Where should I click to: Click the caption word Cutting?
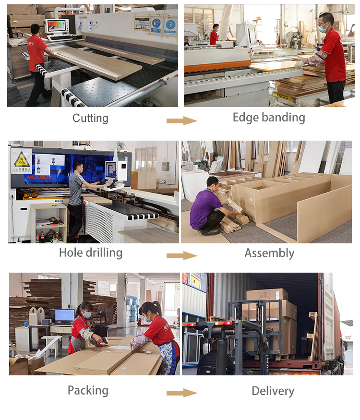[x=90, y=118]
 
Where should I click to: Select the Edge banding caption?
[x=269, y=118]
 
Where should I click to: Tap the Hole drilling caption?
[x=91, y=252]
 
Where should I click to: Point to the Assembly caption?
[x=269, y=253]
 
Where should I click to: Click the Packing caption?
[x=88, y=390]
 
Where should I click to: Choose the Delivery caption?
[x=273, y=391]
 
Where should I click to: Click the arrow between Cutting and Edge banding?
[x=181, y=120]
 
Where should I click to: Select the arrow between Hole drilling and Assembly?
[x=181, y=255]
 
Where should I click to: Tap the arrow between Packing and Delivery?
[x=181, y=393]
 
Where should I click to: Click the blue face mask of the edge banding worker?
[x=323, y=28]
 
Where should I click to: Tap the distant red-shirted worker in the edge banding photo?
[x=214, y=35]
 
